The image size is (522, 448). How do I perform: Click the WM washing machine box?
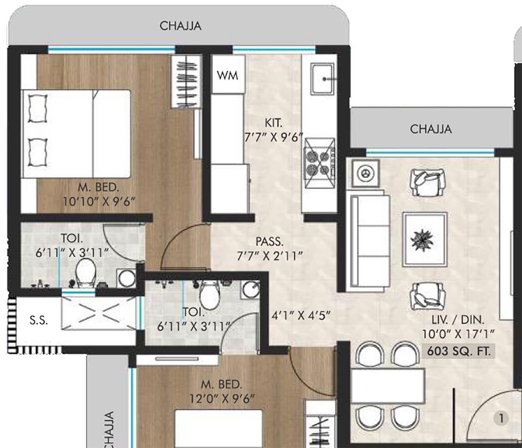click(228, 75)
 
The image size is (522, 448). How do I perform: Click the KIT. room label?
click(273, 123)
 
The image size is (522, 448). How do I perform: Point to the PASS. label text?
click(270, 242)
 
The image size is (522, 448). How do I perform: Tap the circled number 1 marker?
click(500, 418)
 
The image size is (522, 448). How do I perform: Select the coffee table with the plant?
click(424, 239)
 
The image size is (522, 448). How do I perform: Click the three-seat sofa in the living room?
click(369, 242)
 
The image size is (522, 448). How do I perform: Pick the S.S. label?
click(39, 321)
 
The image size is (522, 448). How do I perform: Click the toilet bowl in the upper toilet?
click(84, 272)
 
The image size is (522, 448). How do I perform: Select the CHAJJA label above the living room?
click(431, 129)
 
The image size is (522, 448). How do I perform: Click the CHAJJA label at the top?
click(180, 26)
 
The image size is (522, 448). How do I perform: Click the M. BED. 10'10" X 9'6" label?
click(99, 194)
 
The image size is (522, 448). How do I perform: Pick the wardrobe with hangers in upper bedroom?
click(186, 81)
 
